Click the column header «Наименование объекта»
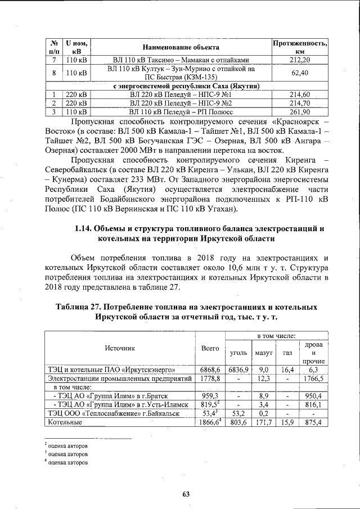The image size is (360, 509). (x=180, y=47)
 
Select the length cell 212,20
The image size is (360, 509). (x=299, y=60)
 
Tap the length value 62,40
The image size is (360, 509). (x=299, y=73)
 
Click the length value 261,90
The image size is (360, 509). (x=299, y=112)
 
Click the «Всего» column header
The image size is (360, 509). (x=210, y=348)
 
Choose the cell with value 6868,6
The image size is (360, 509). (x=210, y=370)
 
